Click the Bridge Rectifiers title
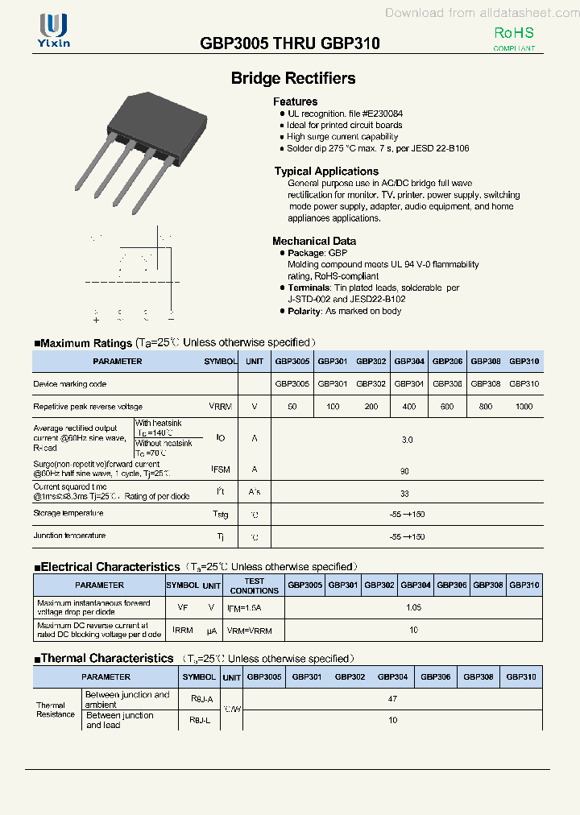pos(293,78)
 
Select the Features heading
pos(295,101)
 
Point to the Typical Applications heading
pos(325,171)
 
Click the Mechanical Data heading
pos(313,241)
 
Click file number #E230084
pos(382,114)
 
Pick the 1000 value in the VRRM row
pos(524,407)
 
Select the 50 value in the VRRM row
pos(292,407)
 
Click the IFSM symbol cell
pos(220,469)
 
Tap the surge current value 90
pos(406,470)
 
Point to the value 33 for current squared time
pos(405,493)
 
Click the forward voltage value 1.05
pos(413,607)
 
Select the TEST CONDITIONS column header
pos(254,585)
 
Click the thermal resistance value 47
pos(392,699)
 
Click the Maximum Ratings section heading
pos(85,343)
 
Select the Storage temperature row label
pos(68,513)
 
